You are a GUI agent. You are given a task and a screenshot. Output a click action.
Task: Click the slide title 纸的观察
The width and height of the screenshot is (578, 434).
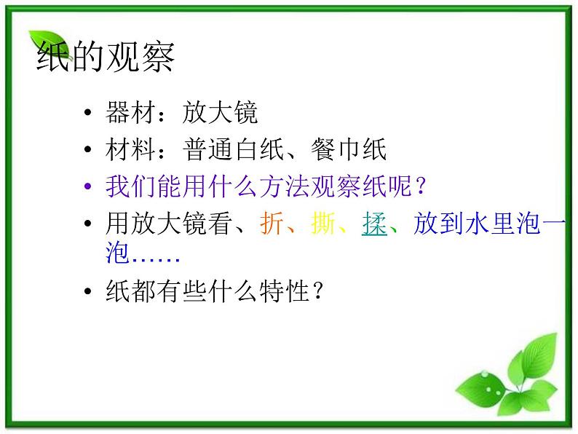pos(106,58)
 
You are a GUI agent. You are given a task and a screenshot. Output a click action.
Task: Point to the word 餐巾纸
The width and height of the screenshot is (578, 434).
pos(350,150)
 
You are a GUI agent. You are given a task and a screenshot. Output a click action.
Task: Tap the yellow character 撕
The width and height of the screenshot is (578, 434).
pos(322,224)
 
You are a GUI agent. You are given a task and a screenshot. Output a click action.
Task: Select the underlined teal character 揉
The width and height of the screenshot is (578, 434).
pos(373,224)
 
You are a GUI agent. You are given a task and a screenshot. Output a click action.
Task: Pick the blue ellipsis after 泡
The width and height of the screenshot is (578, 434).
pos(155,255)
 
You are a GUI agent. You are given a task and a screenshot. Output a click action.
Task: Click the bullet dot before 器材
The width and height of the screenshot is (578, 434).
pos(89,114)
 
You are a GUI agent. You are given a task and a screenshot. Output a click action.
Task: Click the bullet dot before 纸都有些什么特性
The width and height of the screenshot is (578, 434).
pos(89,293)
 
